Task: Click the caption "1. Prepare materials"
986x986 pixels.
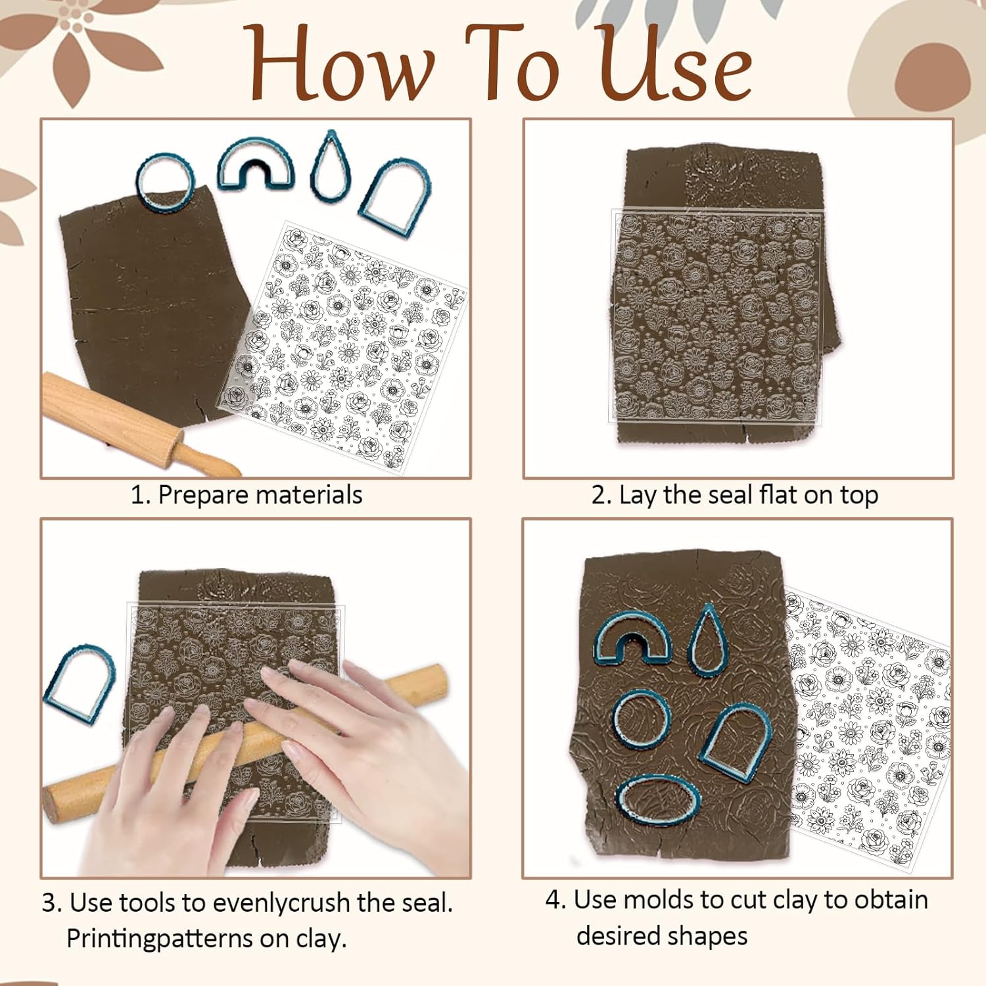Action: click(x=246, y=495)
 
